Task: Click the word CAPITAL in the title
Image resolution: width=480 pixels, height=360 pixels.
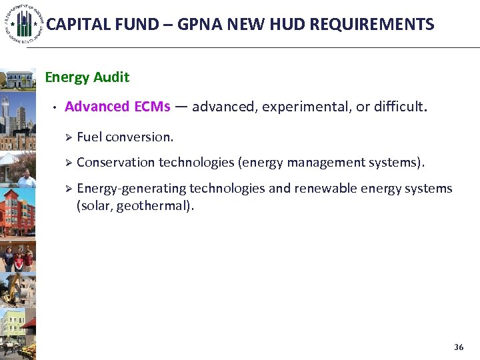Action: [71, 25]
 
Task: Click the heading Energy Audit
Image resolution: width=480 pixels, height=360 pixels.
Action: [87, 77]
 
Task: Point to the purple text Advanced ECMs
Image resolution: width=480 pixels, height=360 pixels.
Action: [117, 107]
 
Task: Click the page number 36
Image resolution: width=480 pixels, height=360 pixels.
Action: [458, 347]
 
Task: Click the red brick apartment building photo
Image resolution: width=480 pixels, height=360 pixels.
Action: [18, 211]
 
